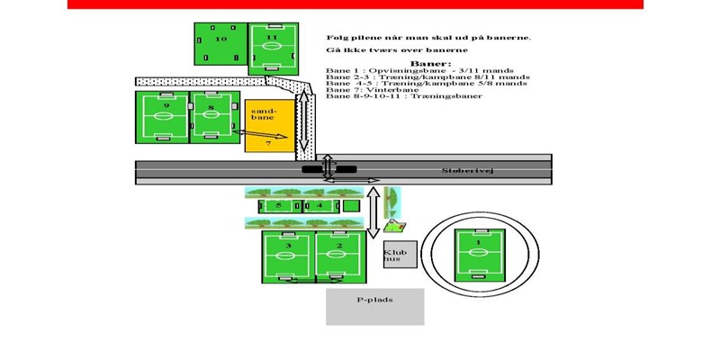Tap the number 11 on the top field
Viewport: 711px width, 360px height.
coord(274,38)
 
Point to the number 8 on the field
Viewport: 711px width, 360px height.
coord(211,107)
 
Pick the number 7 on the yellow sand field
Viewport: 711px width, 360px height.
coord(268,142)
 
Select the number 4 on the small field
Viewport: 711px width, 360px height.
coord(319,205)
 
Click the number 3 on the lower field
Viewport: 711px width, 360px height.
coord(288,244)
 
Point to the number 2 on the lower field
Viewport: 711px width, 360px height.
coord(341,244)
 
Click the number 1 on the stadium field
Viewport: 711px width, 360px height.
coord(478,242)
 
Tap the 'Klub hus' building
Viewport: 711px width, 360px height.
coord(395,256)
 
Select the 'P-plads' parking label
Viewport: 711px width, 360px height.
coord(374,299)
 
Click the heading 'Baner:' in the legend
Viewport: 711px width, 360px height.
coord(424,65)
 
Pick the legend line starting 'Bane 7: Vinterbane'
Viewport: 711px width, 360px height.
coord(368,90)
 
